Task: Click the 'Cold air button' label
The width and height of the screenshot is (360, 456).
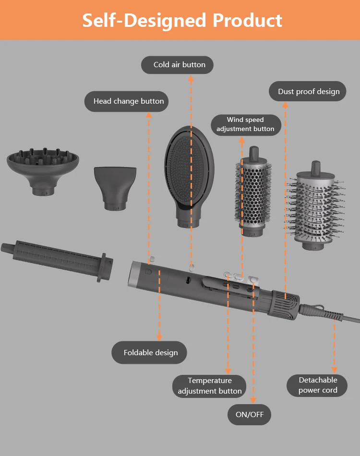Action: [x=177, y=65]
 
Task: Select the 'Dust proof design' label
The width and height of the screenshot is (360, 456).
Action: [x=307, y=92]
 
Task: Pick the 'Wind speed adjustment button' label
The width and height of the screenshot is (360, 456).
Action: [x=245, y=124]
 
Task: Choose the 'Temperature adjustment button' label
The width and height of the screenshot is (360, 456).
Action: [x=210, y=386]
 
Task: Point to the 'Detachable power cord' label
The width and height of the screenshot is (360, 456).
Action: [x=318, y=385]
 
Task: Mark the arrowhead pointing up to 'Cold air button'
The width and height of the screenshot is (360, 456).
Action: [x=191, y=78]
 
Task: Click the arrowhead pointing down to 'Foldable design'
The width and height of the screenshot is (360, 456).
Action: [x=159, y=337]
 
